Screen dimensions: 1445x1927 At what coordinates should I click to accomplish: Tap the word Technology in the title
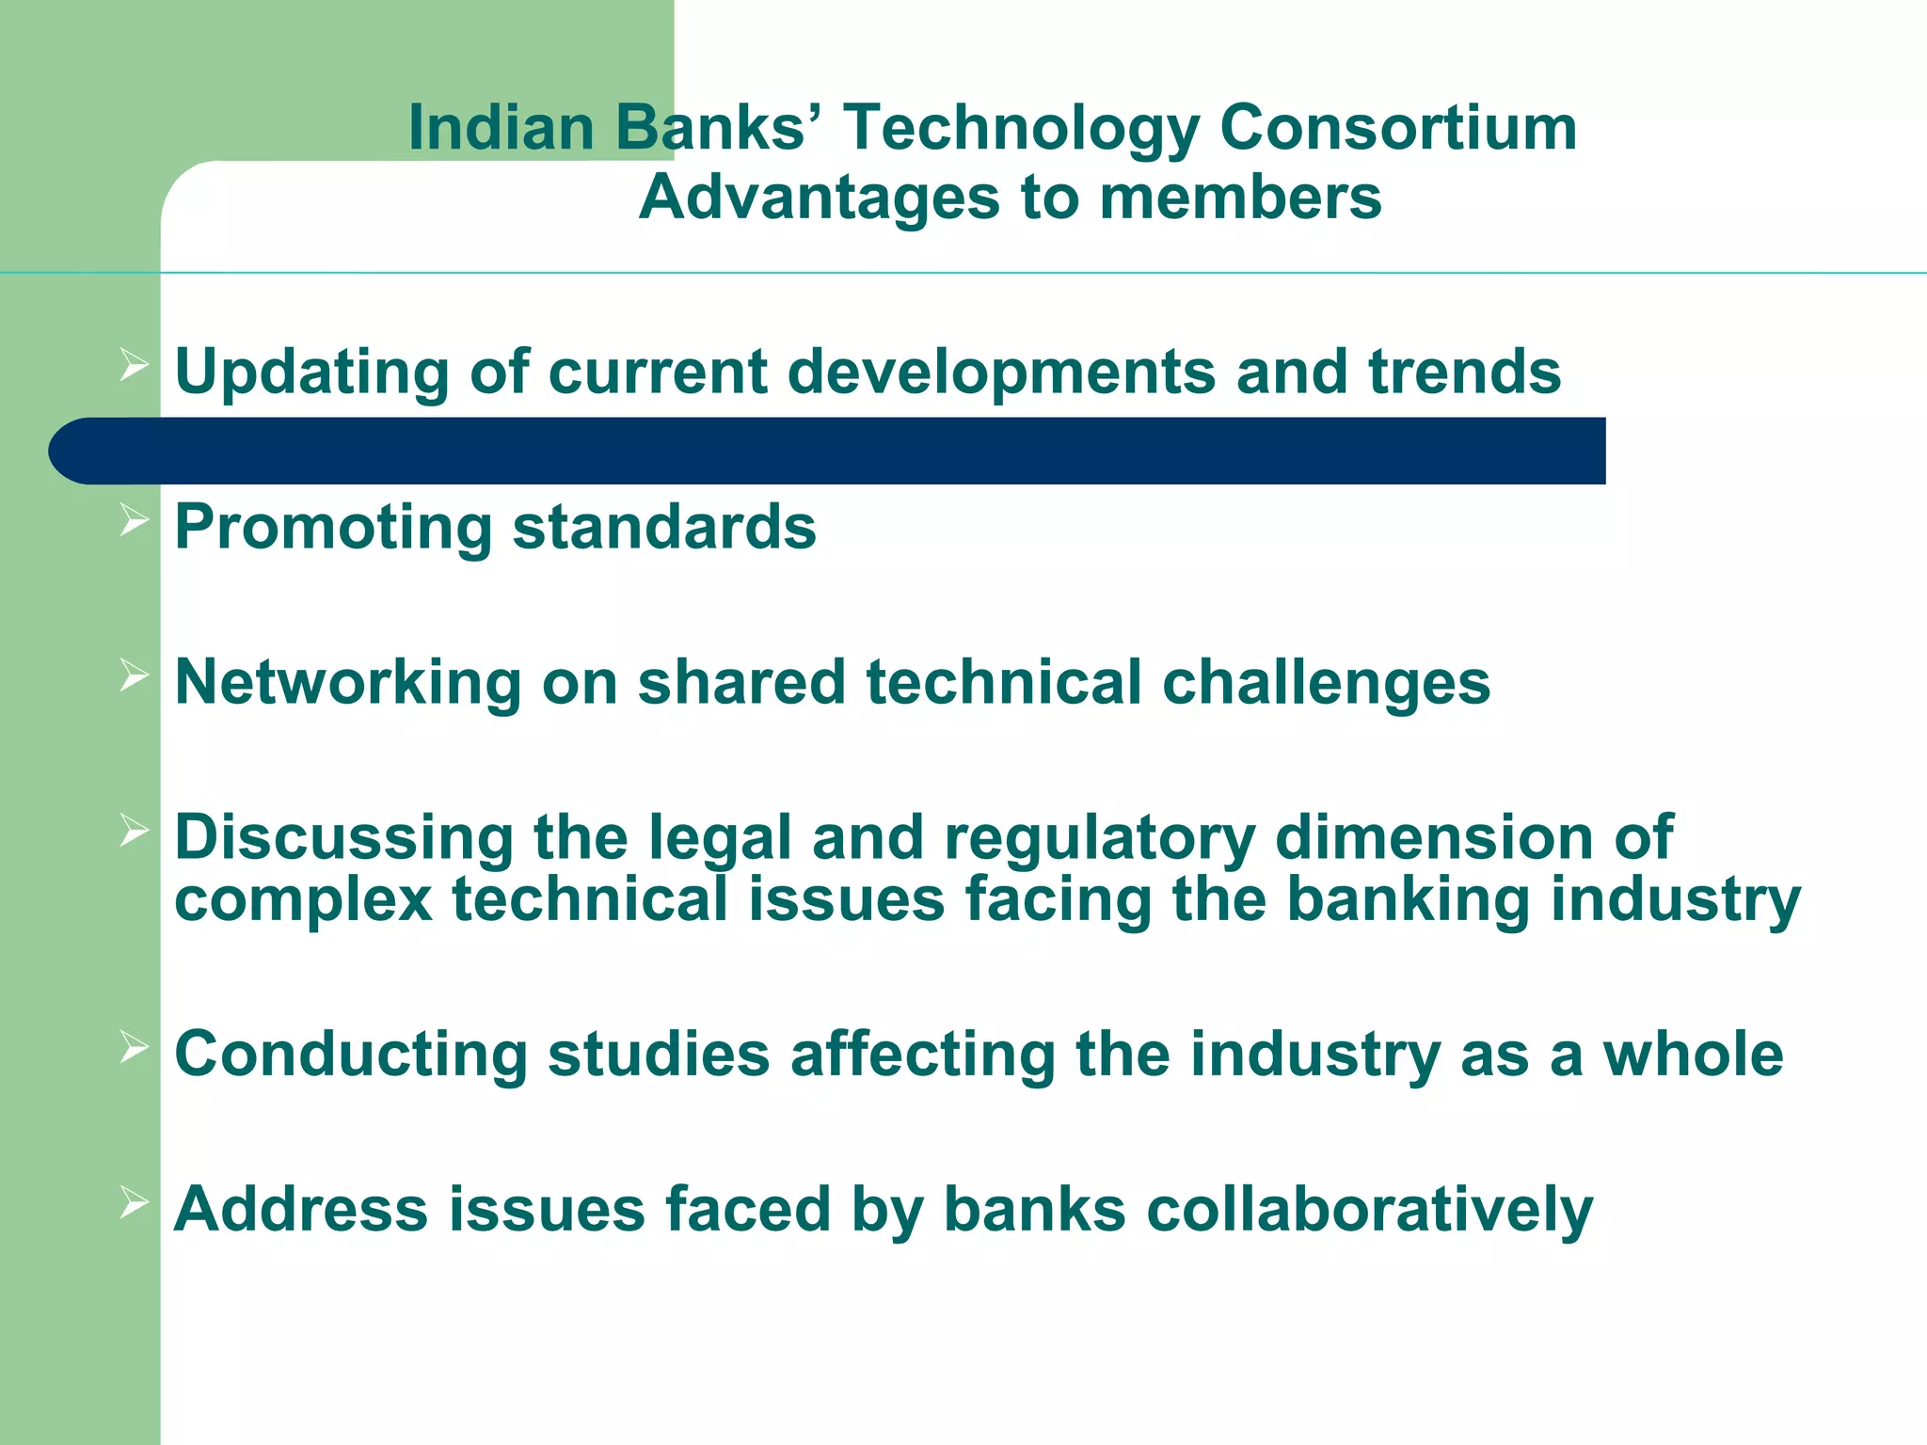click(1020, 130)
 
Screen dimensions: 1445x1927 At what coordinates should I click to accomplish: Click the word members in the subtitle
click(1240, 198)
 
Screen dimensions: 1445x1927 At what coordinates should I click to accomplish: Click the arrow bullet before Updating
click(135, 364)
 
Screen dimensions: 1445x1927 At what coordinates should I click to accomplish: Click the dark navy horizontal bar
click(828, 451)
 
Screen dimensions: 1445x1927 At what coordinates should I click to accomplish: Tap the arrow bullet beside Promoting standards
click(135, 519)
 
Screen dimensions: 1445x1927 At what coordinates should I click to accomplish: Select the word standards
click(664, 527)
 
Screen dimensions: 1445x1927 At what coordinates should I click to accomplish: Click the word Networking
click(348, 682)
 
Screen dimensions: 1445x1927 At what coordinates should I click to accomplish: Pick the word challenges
click(1326, 682)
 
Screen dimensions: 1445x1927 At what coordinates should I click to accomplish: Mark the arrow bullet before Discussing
click(135, 830)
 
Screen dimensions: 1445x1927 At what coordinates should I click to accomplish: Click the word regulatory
click(1099, 837)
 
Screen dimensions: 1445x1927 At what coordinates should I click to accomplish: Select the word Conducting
click(351, 1054)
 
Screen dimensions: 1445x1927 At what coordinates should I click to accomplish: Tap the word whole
click(1693, 1054)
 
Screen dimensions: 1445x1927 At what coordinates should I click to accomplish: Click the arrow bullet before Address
click(135, 1201)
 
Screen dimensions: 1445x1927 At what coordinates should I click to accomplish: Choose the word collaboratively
click(1362, 1210)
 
